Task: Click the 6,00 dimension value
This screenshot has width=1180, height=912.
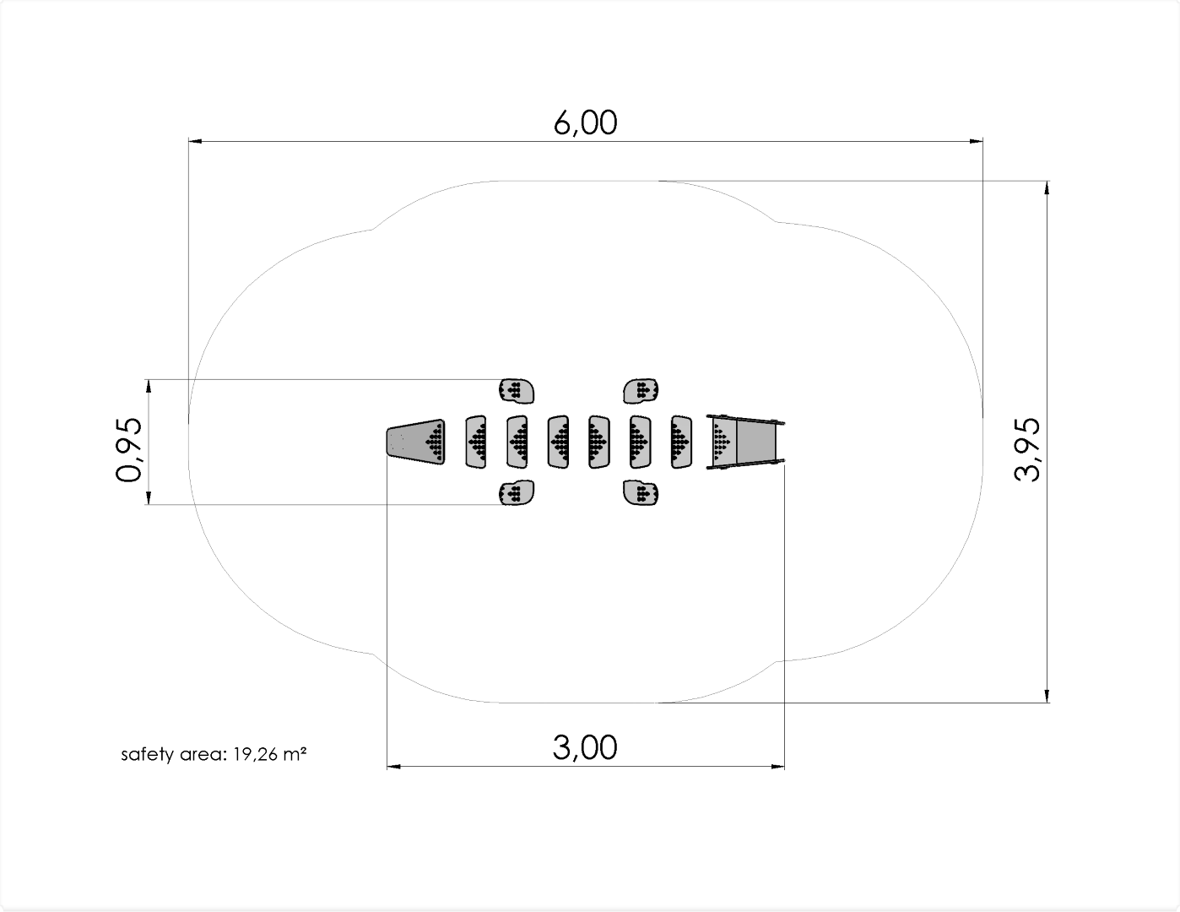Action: click(x=586, y=122)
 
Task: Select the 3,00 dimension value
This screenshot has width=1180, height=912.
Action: click(x=585, y=747)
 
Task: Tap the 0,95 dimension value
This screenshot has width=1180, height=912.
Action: click(x=129, y=450)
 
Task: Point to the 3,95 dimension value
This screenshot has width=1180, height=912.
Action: click(x=1027, y=450)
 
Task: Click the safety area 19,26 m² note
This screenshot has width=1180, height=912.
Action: click(x=214, y=754)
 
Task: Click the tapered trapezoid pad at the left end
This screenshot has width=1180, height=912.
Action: click(x=416, y=442)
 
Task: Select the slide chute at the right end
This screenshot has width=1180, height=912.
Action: click(x=745, y=442)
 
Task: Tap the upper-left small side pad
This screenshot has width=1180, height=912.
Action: click(x=517, y=391)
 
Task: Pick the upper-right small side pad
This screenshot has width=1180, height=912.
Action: click(x=641, y=391)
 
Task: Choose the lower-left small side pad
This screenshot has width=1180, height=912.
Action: click(x=517, y=492)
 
